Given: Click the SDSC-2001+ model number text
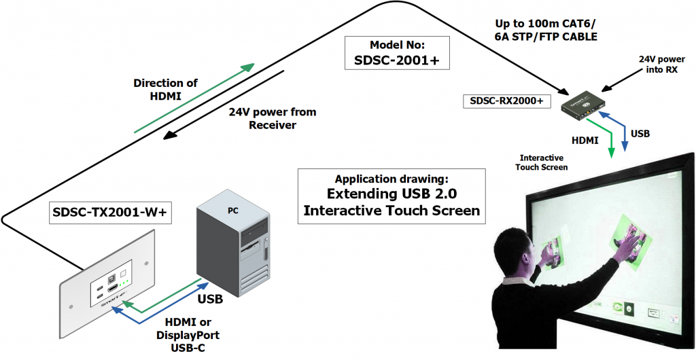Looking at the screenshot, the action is [397, 60].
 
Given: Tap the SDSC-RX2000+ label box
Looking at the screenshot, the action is [506, 101].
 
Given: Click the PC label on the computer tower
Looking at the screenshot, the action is [233, 211].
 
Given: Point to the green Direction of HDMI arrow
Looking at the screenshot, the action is [194, 98].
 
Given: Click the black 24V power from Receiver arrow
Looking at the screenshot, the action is [223, 105].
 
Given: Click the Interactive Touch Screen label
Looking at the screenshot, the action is [541, 162].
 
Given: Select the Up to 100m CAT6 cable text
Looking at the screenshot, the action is [546, 30].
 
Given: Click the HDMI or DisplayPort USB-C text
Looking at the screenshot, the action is [188, 335].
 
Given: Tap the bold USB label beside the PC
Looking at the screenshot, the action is [210, 300].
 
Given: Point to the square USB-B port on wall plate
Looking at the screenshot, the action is [110, 279].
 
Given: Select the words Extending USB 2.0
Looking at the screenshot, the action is [391, 194].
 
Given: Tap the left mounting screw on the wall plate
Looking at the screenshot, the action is [71, 307].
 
